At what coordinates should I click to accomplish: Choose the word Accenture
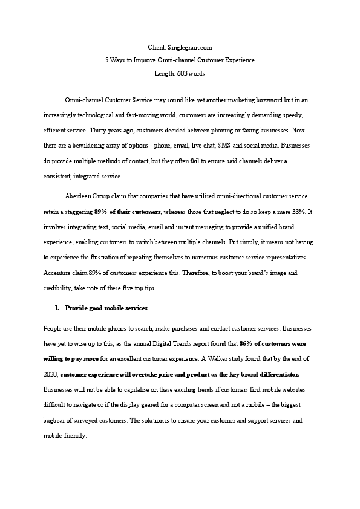click(57, 273)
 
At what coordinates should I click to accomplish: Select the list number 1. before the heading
click(57, 308)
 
